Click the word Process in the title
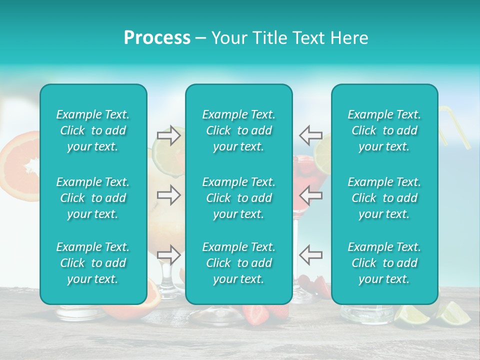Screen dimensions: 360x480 pyautogui.click(x=157, y=38)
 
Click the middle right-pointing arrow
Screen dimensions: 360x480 pyautogui.click(x=168, y=195)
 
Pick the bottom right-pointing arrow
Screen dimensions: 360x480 pyautogui.click(x=168, y=254)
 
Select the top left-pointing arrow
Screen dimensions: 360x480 pyautogui.click(x=311, y=135)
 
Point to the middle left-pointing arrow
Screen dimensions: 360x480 pyautogui.click(x=311, y=195)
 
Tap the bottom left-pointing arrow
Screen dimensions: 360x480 pyautogui.click(x=311, y=254)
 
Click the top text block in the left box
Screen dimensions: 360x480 pyautogui.click(x=93, y=130)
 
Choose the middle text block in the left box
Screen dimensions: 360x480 pyautogui.click(x=93, y=198)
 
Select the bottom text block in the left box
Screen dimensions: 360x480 pyautogui.click(x=93, y=263)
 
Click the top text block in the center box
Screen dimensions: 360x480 pyautogui.click(x=238, y=130)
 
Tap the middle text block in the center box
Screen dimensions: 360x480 pyautogui.click(x=238, y=198)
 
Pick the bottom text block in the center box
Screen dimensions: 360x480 pyautogui.click(x=238, y=263)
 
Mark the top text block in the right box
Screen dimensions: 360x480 pyautogui.click(x=384, y=130)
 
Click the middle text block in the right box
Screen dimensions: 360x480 pyautogui.click(x=384, y=198)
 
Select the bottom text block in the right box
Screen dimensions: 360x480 pyautogui.click(x=384, y=263)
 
